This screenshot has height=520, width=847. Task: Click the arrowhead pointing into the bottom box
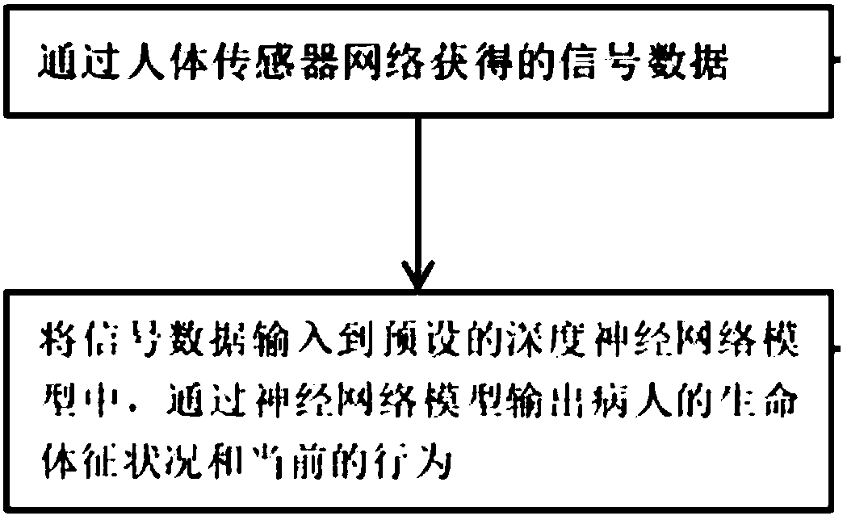click(x=417, y=279)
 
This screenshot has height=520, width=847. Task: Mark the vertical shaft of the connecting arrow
click(x=417, y=194)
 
